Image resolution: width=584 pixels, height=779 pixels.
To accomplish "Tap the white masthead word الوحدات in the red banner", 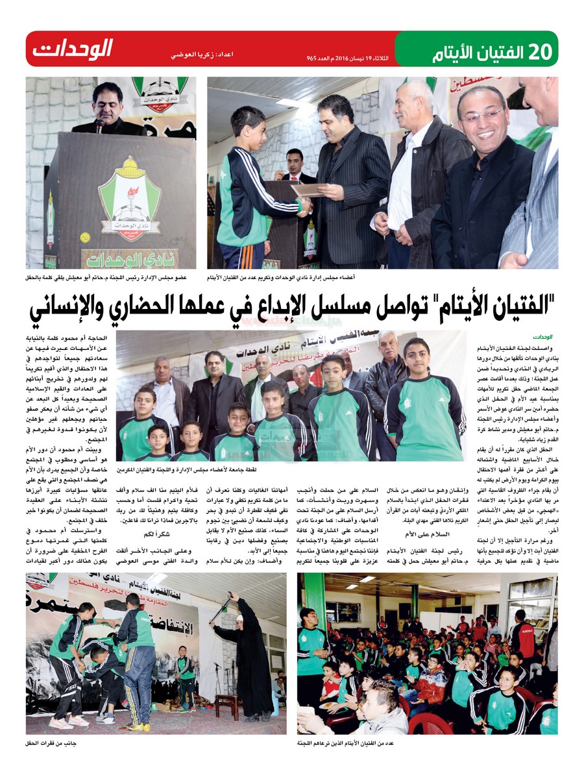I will [73, 49].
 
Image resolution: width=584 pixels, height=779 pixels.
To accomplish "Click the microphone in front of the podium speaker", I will [99, 123].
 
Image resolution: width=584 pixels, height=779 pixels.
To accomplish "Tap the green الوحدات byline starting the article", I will [542, 337].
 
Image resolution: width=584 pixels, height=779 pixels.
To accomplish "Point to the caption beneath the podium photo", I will [106, 277].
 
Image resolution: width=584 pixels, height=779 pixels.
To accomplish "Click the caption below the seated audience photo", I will [343, 741].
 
